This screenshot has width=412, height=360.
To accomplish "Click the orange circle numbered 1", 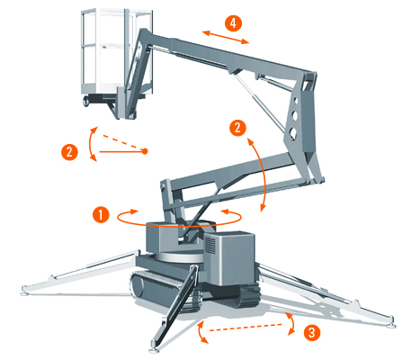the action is tap(101, 214).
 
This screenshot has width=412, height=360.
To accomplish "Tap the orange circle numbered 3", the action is tap(312, 332).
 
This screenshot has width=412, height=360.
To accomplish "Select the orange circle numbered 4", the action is tap(234, 22).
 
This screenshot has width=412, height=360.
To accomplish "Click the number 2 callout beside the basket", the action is tap(69, 152).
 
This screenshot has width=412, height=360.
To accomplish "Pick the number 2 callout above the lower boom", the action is tap(237, 128).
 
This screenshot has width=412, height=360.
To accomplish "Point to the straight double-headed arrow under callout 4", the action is tap(226, 37).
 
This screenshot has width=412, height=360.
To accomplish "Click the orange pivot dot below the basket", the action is tap(145, 151).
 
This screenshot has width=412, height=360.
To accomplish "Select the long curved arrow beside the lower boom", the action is tap(264, 174).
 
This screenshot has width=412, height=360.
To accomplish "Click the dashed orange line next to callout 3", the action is tap(246, 328).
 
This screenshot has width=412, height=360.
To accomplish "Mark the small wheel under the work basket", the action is tap(86, 101).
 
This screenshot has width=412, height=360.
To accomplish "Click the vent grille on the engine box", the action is tap(210, 245).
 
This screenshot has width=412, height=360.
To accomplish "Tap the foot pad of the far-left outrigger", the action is tap(25, 292).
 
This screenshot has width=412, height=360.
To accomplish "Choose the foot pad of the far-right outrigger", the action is tap(392, 325).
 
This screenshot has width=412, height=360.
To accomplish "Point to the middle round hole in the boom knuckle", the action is tap(294, 115).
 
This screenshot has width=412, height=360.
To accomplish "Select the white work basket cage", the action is tap(117, 52).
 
